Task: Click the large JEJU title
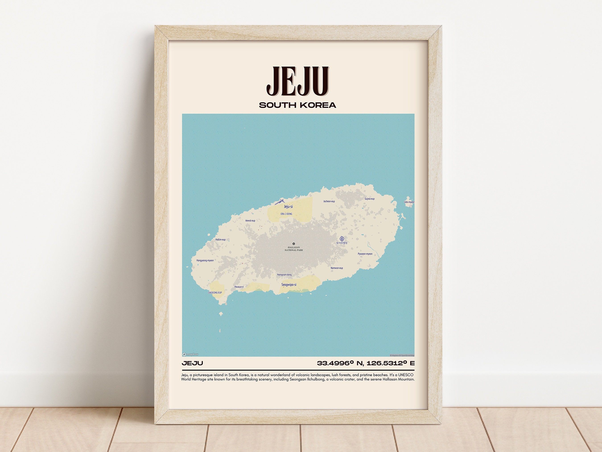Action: click(x=298, y=81)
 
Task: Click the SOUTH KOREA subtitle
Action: click(x=297, y=105)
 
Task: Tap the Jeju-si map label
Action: click(x=288, y=206)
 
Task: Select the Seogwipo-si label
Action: click(x=289, y=285)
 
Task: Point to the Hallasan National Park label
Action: click(x=294, y=249)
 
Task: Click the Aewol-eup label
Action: click(x=250, y=221)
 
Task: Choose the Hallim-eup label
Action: click(x=221, y=240)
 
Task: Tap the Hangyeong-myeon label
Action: click(x=205, y=260)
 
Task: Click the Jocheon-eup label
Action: click(x=329, y=201)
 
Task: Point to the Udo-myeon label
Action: click(x=409, y=202)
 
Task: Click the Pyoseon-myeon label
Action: click(x=365, y=254)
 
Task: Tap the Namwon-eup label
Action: click(x=337, y=268)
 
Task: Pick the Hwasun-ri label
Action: click(x=239, y=287)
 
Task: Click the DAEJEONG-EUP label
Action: click(x=215, y=293)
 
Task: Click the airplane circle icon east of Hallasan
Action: click(x=342, y=239)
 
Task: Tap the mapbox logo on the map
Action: click(x=190, y=354)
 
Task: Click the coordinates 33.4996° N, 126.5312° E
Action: click(x=366, y=363)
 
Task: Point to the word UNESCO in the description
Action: click(x=406, y=375)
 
